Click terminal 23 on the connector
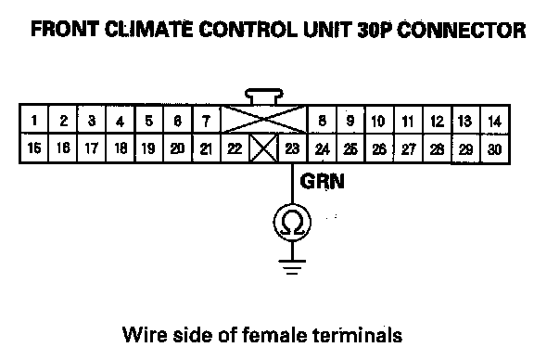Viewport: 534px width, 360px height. point(293,148)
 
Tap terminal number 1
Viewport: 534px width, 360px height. point(34,120)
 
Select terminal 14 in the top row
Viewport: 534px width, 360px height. point(494,120)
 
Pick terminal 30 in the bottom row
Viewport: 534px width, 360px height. point(494,148)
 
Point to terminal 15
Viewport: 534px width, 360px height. point(34,148)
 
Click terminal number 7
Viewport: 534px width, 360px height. point(207,120)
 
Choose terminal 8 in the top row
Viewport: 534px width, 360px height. point(322,120)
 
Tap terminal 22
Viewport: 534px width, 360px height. point(235,148)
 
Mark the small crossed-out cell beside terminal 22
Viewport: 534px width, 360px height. point(264,148)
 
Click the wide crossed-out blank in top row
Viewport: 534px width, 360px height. point(264,120)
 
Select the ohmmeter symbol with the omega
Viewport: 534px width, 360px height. point(292,222)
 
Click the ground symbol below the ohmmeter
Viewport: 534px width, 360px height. point(292,267)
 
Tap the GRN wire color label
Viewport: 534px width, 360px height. point(323,181)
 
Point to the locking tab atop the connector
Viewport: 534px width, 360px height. point(264,96)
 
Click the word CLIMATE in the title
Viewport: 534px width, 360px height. point(148,29)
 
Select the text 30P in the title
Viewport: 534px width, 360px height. point(375,30)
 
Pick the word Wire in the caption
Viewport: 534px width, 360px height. point(145,335)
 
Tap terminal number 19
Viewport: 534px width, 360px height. point(149,148)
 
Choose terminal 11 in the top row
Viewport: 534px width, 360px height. point(408,120)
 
